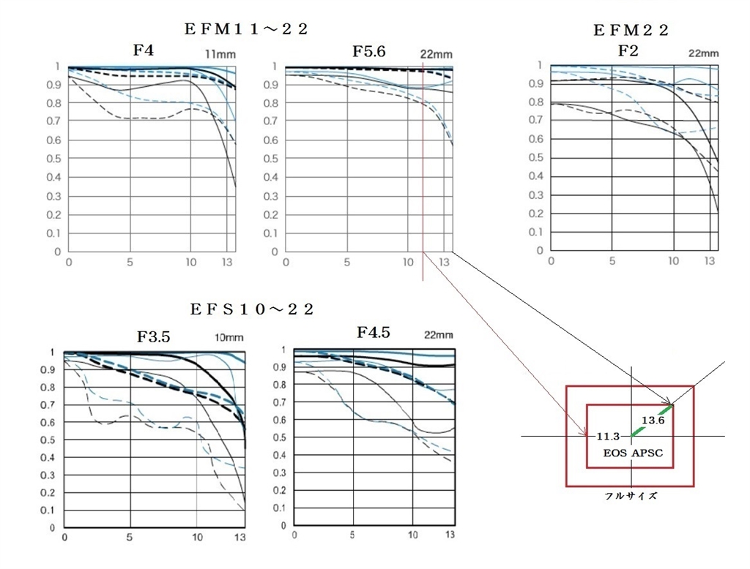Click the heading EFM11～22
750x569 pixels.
click(246, 29)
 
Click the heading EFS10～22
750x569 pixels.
click(251, 309)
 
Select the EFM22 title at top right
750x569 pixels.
click(631, 30)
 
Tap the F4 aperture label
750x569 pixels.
click(143, 50)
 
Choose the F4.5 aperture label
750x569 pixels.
click(374, 333)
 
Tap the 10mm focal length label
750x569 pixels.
click(229, 339)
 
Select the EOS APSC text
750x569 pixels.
click(633, 453)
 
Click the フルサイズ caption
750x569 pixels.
click(631, 495)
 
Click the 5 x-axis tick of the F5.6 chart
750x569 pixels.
click(346, 262)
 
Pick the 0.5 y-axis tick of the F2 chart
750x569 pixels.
click(538, 157)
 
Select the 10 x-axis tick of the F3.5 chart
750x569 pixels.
click(197, 538)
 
